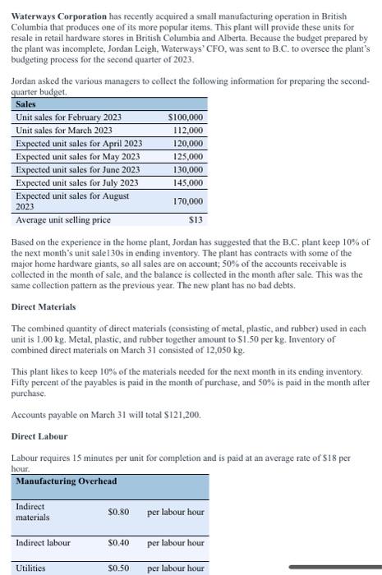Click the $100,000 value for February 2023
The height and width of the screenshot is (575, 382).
coord(186,117)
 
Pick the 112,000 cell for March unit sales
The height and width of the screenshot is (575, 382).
coord(188,131)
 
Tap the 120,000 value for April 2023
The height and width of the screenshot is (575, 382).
coord(188,143)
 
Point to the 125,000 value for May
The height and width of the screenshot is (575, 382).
coord(188,156)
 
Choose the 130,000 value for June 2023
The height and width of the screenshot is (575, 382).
coord(188,169)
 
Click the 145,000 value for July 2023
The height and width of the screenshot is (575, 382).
coord(188,182)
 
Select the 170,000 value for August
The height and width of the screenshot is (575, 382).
coord(188,200)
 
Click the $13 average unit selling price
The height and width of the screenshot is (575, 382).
coord(196,219)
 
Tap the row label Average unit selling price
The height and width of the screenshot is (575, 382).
coord(63,219)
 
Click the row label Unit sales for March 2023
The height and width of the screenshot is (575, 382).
coord(64,131)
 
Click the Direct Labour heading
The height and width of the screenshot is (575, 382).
coord(40,436)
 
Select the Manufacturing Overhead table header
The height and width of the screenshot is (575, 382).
coord(66,481)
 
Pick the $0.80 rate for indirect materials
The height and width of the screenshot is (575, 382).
coord(118,512)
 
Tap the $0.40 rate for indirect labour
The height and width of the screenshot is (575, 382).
coord(118,543)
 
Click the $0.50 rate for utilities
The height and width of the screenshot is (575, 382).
coord(118,568)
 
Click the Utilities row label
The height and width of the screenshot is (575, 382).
coord(31,568)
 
